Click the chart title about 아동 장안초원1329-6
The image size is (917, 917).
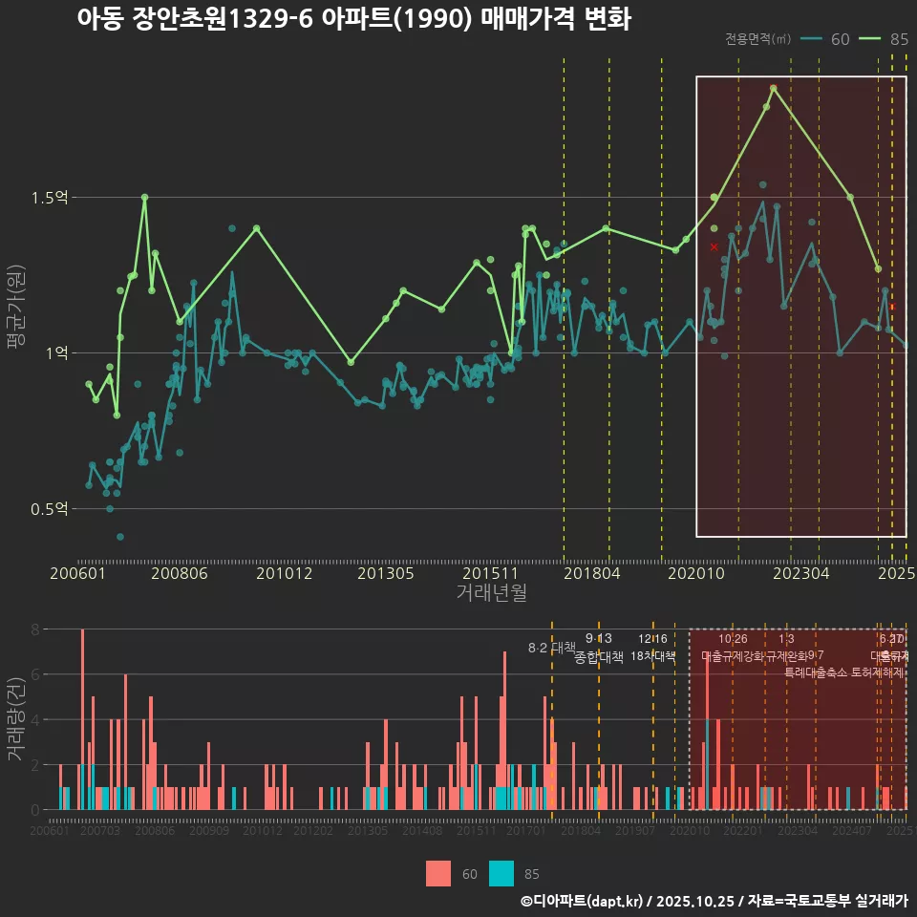click(353, 19)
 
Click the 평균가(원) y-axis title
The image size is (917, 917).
click(16, 304)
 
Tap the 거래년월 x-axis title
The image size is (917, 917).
click(491, 593)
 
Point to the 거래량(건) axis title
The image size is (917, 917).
click(16, 719)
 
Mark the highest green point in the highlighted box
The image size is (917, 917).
click(773, 89)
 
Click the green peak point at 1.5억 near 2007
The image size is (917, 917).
click(144, 198)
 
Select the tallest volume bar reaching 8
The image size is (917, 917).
click(83, 718)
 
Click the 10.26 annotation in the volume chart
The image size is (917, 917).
click(733, 639)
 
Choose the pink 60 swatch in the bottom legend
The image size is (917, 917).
click(438, 873)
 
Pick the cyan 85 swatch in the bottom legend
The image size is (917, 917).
click(501, 873)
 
